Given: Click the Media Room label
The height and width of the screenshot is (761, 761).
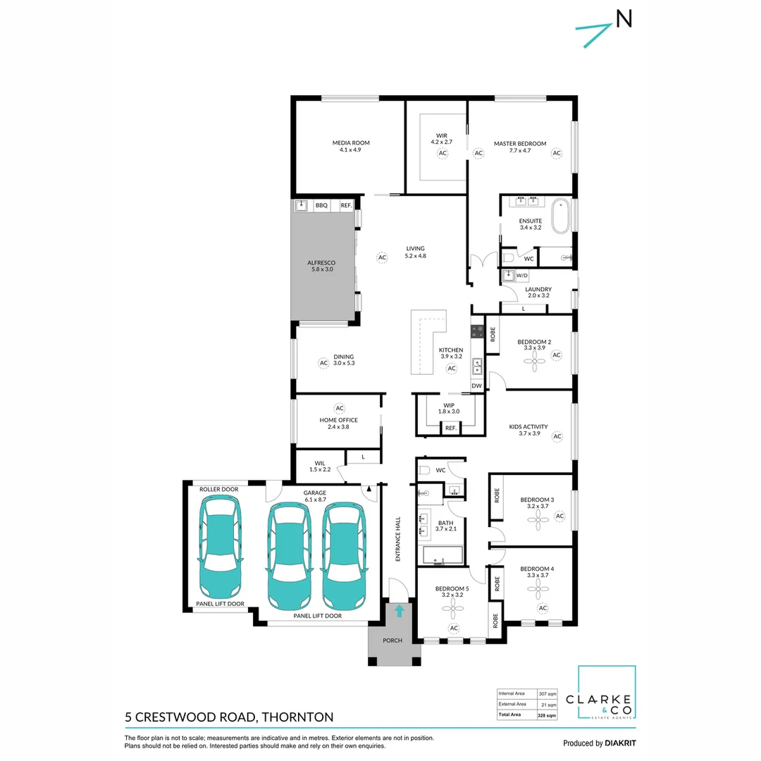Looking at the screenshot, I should pos(350,143).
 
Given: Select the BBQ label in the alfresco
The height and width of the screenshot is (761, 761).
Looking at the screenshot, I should pos(321,205).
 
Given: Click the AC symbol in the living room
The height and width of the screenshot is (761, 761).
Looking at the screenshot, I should pos(382,258).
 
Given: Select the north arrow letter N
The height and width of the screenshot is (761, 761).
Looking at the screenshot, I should pos(624,20).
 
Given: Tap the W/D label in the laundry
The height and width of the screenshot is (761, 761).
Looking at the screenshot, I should pos(522,276).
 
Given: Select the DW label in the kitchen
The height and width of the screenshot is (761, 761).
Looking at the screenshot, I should pos(476,385).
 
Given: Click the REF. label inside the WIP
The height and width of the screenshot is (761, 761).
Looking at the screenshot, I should pos(450,428).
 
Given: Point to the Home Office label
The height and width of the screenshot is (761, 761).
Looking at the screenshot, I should pos(338,420).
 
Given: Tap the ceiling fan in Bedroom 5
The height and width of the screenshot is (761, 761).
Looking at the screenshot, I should pos(454,605).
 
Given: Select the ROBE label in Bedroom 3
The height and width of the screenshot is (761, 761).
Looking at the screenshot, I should pos(497,495).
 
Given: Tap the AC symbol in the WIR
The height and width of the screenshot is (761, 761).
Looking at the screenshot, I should pos(443,153).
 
